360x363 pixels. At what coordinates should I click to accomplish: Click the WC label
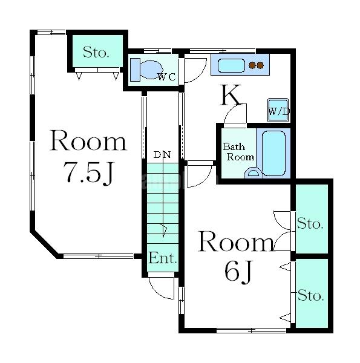click(166, 77)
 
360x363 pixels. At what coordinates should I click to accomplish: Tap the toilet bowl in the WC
click(151, 69)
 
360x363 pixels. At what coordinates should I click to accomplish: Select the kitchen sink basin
click(231, 65)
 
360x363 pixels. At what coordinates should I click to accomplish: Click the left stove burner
click(252, 65)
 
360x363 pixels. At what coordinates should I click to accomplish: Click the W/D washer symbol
click(278, 110)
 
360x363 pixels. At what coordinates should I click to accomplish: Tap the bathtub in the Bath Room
click(273, 153)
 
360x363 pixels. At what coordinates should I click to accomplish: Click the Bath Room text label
click(238, 152)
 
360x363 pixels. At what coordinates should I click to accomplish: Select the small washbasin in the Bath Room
click(254, 173)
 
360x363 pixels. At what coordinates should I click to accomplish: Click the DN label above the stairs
click(162, 155)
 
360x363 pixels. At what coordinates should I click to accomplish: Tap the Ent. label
click(163, 258)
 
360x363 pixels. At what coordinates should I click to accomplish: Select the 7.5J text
click(88, 172)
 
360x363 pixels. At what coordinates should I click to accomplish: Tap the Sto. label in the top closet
click(96, 52)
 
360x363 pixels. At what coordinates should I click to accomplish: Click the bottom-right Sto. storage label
click(310, 295)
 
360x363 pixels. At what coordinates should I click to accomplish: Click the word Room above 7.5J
click(88, 140)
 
